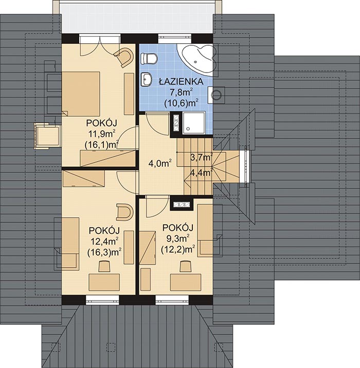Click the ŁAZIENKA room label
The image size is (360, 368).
(181, 81)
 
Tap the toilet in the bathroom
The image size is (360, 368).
(149, 58)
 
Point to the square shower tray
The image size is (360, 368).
(193, 123)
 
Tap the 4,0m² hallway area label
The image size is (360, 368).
(160, 163)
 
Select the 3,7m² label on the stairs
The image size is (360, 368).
(202, 157)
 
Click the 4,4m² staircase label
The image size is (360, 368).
(202, 173)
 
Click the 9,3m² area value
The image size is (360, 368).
(178, 238)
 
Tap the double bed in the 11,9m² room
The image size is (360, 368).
(81, 94)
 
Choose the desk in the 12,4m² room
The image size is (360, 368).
(104, 282)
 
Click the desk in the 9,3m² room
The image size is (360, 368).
(186, 282)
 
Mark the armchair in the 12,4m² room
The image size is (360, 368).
(125, 212)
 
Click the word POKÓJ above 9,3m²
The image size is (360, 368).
(178, 227)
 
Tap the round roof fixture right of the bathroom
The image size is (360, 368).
(217, 95)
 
